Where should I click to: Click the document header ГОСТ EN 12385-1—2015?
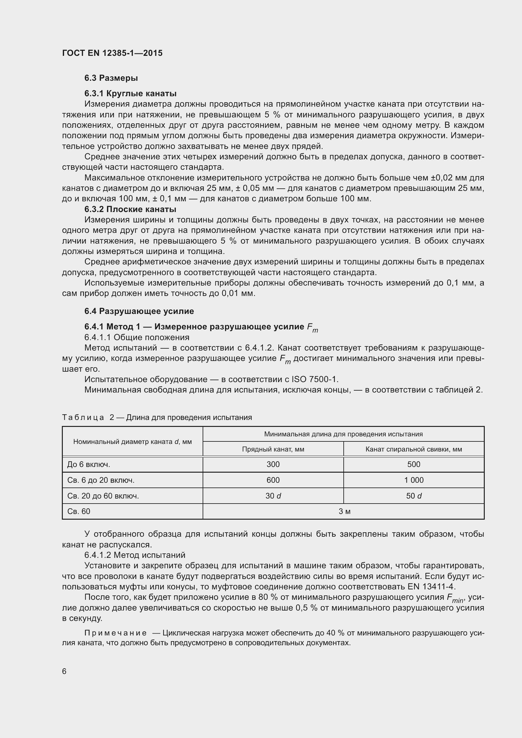click(x=112, y=53)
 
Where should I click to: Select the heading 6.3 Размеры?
click(x=111, y=78)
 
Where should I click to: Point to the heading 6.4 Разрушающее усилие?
click(x=139, y=311)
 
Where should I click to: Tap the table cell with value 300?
click(x=273, y=464)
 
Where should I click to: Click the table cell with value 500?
click(x=413, y=464)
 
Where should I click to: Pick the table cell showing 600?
click(x=273, y=480)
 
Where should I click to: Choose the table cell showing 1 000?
click(x=413, y=480)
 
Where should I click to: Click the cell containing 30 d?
click(x=273, y=496)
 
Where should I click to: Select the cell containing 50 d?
click(x=413, y=496)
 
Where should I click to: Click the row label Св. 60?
click(x=79, y=511)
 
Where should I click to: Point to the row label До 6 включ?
click(x=89, y=464)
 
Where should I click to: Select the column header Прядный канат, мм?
click(x=273, y=449)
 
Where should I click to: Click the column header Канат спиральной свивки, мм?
click(x=413, y=449)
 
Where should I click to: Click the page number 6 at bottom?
click(x=64, y=671)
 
